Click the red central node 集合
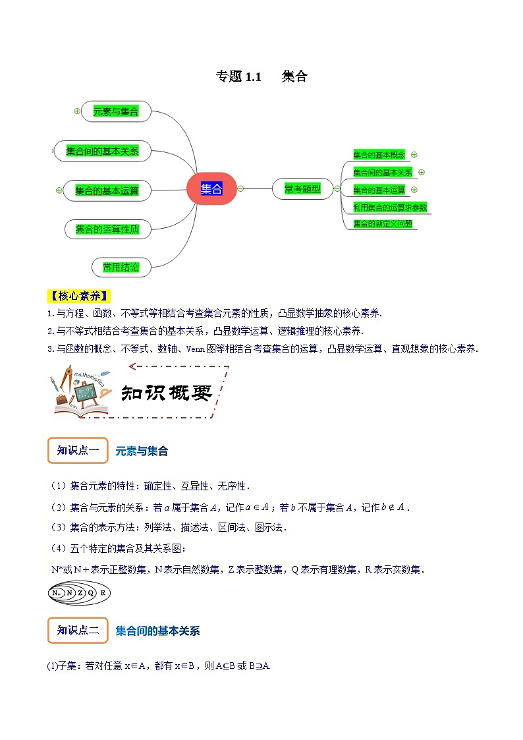pyautogui.click(x=211, y=189)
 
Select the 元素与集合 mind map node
pyautogui.click(x=116, y=112)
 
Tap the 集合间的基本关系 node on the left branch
pyautogui.click(x=102, y=151)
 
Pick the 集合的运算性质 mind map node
pyautogui.click(x=107, y=229)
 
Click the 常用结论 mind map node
pyautogui.click(x=121, y=267)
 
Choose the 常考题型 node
pyautogui.click(x=302, y=189)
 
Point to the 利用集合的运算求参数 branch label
pyautogui.click(x=390, y=207)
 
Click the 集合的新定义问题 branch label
pyautogui.click(x=383, y=223)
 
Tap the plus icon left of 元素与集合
pyautogui.click(x=77, y=111)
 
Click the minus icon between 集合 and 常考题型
pyautogui.click(x=240, y=188)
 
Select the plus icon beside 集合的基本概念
pyautogui.click(x=414, y=155)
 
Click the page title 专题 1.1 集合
pyautogui.click(x=261, y=76)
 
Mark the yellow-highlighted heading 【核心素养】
pyautogui.click(x=80, y=295)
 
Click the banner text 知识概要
pyautogui.click(x=167, y=393)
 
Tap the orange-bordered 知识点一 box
pyautogui.click(x=78, y=451)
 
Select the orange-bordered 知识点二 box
pyautogui.click(x=78, y=631)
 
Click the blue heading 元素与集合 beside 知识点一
pyautogui.click(x=142, y=451)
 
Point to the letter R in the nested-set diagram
pyautogui.click(x=103, y=593)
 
